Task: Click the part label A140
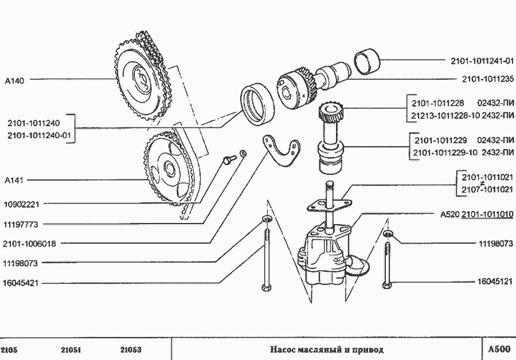coord(14,80)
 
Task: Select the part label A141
coord(14,180)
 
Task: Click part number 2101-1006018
coord(29,244)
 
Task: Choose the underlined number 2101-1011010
coord(487,214)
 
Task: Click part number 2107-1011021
coord(487,189)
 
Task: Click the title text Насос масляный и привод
coord(326,349)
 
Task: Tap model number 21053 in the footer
coord(131,350)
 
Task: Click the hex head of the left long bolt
coord(265,286)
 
